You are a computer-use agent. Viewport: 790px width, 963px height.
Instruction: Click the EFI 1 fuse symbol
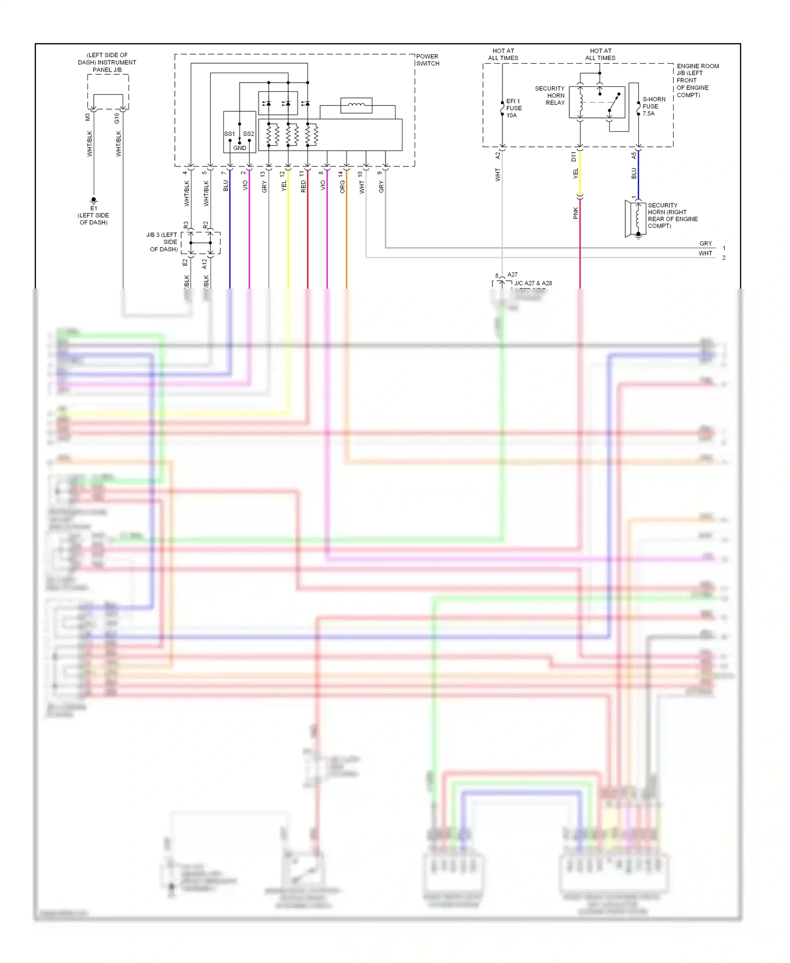(502, 108)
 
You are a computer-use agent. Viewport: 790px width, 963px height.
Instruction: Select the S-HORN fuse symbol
(638, 106)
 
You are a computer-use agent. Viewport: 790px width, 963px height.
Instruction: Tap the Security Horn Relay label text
(550, 95)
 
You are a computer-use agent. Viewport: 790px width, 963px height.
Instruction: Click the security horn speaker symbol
(636, 218)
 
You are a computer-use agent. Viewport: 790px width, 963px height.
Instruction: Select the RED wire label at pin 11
(303, 186)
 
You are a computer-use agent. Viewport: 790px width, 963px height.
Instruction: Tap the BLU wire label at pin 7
(225, 185)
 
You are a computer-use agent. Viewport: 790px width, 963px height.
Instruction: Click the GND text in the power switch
(240, 148)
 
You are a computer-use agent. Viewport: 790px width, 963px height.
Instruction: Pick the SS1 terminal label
(229, 134)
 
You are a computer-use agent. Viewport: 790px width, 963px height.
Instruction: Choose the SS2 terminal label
(249, 134)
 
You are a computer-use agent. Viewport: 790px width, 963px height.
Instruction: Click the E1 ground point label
(94, 209)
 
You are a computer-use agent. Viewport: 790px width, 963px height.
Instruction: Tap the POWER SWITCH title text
(427, 60)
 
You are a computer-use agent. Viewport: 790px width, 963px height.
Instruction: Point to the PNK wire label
(575, 213)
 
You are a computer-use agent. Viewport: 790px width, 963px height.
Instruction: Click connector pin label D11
(574, 156)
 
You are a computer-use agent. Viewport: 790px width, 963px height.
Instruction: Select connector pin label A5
(634, 156)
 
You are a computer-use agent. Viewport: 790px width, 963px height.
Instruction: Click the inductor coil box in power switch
(356, 105)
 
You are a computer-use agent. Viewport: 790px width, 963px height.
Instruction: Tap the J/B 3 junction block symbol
(200, 243)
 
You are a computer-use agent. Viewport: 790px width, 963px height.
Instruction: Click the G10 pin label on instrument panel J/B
(116, 119)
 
